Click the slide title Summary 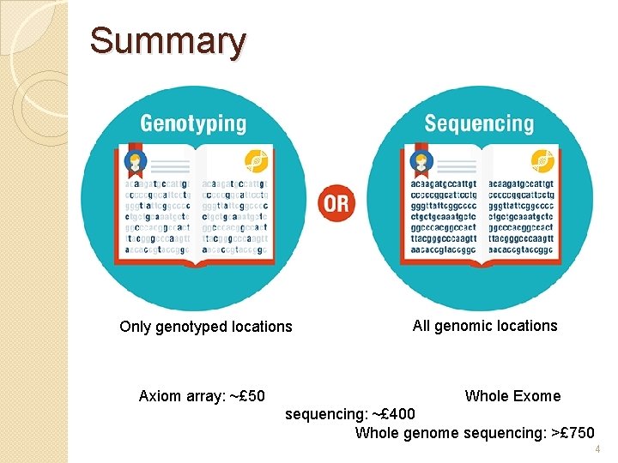(167, 41)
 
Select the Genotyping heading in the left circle (193, 123)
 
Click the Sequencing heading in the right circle (478, 123)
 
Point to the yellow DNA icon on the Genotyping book (254, 160)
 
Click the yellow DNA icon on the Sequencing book (542, 160)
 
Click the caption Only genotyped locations (206, 327)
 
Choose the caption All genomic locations (485, 326)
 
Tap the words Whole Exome (512, 396)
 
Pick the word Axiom (158, 396)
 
